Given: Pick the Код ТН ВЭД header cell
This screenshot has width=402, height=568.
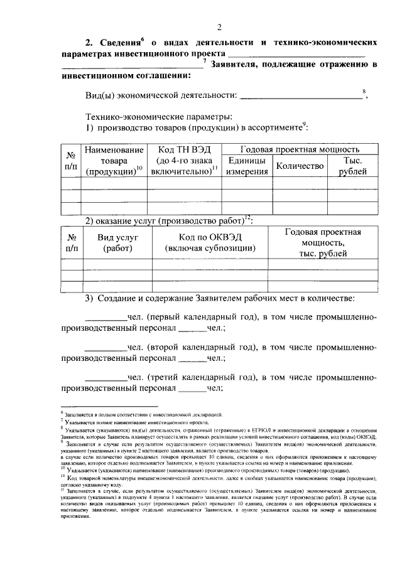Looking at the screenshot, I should coord(183,161).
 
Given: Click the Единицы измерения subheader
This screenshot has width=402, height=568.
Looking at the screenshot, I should coord(246,166).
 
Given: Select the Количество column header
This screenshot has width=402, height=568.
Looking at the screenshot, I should coord(300,166).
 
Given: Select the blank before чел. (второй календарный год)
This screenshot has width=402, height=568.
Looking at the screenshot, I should coord(106,348).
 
